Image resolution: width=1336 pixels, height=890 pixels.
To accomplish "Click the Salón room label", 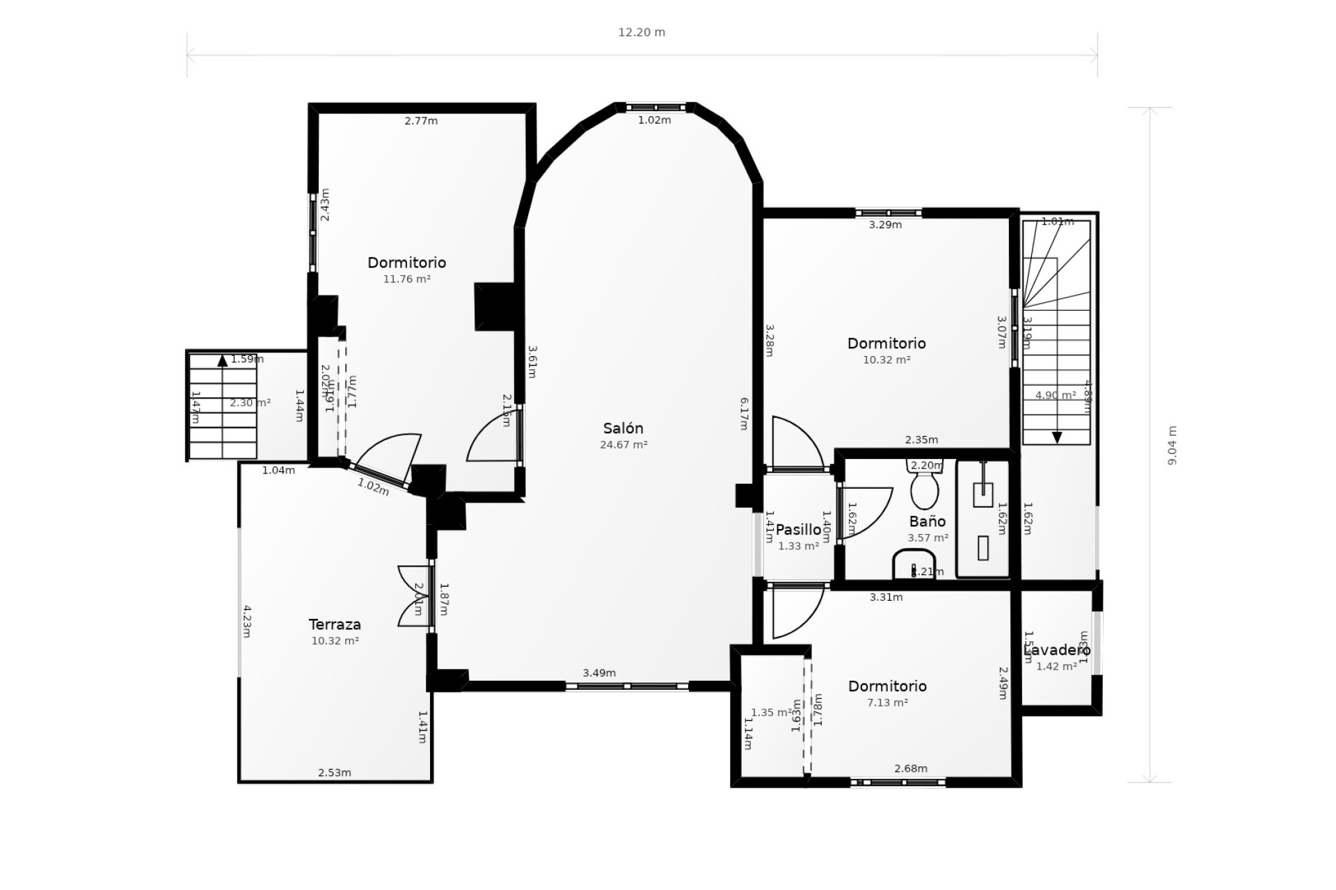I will click(623, 428).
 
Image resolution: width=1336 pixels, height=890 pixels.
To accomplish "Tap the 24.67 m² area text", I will click(623, 445).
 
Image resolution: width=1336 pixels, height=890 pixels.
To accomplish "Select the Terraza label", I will click(335, 624).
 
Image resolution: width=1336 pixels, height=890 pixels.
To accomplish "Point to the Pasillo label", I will click(798, 530).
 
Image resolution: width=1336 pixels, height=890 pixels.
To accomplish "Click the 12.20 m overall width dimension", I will click(642, 33).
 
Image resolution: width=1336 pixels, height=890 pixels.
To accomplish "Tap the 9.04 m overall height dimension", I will click(1172, 445).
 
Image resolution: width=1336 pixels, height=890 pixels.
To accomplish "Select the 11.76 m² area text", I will click(406, 280).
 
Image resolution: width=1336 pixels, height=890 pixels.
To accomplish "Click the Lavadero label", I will click(1057, 650).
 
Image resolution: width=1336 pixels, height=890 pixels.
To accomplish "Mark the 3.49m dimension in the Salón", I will click(599, 673).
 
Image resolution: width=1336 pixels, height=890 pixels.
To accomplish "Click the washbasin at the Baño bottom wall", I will click(914, 565).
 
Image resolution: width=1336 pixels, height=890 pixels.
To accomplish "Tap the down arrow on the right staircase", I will click(1057, 437).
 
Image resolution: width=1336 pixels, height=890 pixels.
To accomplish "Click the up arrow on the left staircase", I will click(222, 360).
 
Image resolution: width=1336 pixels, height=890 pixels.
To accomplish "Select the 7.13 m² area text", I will click(887, 703).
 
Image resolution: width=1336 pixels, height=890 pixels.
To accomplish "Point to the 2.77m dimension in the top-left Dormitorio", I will click(421, 121).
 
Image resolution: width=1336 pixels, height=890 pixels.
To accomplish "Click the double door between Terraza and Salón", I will click(415, 597).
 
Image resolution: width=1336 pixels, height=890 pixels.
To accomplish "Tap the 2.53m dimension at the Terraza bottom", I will click(334, 772).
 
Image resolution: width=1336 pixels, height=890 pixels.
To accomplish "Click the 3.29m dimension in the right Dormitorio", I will click(885, 225).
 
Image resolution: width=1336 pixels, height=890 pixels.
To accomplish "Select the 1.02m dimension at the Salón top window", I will click(654, 120).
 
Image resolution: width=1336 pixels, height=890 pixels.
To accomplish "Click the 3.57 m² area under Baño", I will click(928, 538).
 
